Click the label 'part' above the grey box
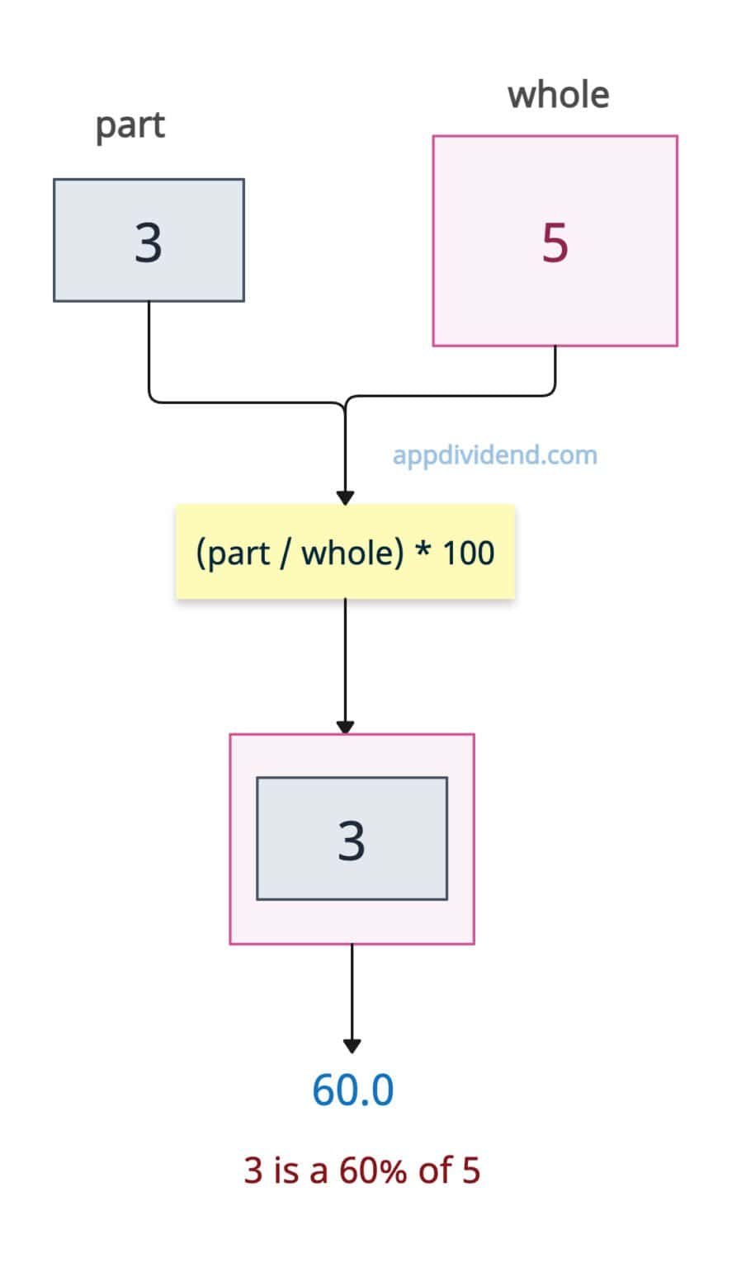(130, 126)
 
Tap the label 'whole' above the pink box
(558, 95)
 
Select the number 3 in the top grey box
(149, 243)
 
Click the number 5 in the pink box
(555, 243)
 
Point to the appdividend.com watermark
(494, 455)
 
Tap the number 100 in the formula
(468, 553)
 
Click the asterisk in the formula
(423, 551)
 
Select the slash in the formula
(285, 553)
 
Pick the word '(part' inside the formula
(233, 553)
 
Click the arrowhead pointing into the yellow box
(346, 497)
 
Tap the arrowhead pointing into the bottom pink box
(346, 727)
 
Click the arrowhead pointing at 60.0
(352, 1046)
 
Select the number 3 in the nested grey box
(352, 841)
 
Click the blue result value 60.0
(352, 1090)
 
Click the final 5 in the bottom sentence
(470, 1170)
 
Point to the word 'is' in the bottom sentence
(286, 1170)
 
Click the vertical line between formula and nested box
(346, 660)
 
